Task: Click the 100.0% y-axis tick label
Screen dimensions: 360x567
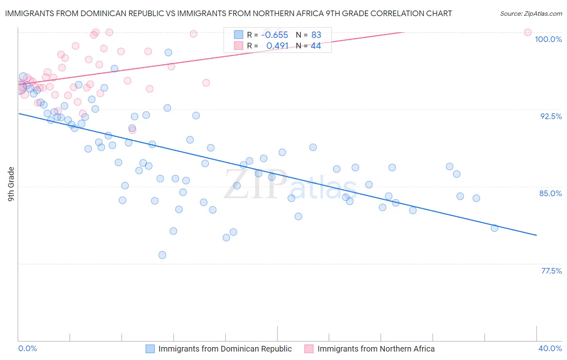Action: pyautogui.click(x=548, y=39)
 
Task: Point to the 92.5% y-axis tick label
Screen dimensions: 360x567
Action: pyautogui.click(x=551, y=116)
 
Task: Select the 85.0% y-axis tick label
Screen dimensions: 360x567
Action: pyautogui.click(x=550, y=193)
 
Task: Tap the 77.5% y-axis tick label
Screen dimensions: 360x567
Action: pyautogui.click(x=551, y=271)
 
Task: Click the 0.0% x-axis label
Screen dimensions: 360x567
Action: pyautogui.click(x=28, y=348)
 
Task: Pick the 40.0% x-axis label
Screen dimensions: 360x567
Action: pyautogui.click(x=550, y=348)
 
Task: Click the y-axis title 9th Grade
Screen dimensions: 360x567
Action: pyautogui.click(x=11, y=184)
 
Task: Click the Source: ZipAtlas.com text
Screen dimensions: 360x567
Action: pyautogui.click(x=531, y=14)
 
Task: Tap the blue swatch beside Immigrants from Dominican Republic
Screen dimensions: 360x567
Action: pyautogui.click(x=150, y=349)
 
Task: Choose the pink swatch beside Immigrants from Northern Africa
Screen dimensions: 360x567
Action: pyautogui.click(x=309, y=349)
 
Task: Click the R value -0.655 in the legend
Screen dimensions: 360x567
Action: pyautogui.click(x=275, y=35)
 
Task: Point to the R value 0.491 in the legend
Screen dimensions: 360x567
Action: pyautogui.click(x=277, y=46)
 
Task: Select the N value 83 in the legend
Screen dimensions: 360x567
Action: pyautogui.click(x=316, y=35)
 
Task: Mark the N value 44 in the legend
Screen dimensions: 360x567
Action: pyautogui.click(x=316, y=46)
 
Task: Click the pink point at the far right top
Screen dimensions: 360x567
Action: pyautogui.click(x=527, y=32)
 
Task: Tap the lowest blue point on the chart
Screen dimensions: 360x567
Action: pyautogui.click(x=162, y=255)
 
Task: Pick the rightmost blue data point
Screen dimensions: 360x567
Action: pyautogui.click(x=494, y=228)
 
